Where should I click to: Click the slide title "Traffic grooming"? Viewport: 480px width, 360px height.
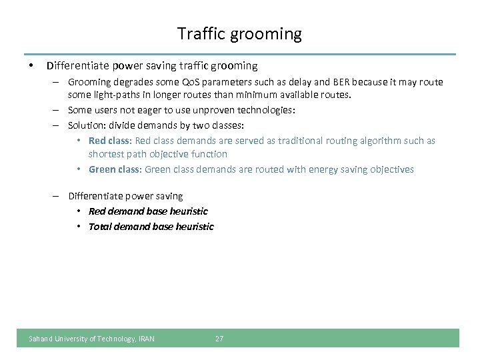pyautogui.click(x=239, y=33)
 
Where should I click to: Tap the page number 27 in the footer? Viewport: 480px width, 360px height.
pyautogui.click(x=219, y=339)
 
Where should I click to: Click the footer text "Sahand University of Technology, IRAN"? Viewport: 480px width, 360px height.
pyautogui.click(x=91, y=339)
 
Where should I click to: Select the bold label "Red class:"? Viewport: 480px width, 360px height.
pyautogui.click(x=111, y=141)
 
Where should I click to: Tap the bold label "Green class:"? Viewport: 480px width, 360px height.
pyautogui.click(x=115, y=169)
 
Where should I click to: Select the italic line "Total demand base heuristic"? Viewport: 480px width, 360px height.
pyautogui.click(x=151, y=227)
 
